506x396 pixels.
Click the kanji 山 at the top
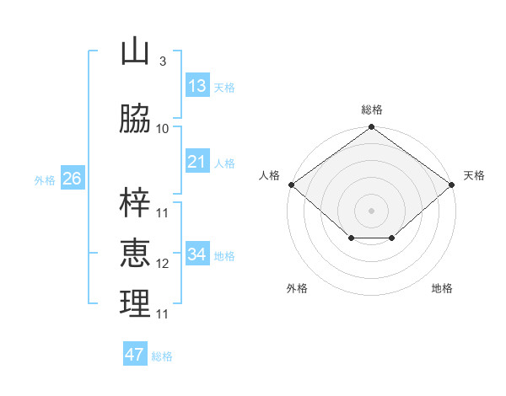pos(135,52)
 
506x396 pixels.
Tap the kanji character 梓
pos(135,203)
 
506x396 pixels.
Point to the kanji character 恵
pos(135,254)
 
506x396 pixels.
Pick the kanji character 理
pos(135,304)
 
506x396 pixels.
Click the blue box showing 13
pos(197,86)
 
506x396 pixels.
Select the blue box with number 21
pos(197,162)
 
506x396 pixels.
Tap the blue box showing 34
pos(197,254)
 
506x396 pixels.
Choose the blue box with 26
pos(72,179)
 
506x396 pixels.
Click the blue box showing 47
pos(135,355)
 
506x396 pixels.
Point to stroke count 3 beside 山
pos(162,62)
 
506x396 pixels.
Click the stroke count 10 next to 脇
pos(163,128)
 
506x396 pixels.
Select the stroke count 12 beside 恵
pos(163,264)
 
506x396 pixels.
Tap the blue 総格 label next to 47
pos(162,356)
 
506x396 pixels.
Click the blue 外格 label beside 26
pos(45,179)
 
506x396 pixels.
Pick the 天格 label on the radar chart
pos(474,175)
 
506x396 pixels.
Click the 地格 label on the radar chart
pos(442,288)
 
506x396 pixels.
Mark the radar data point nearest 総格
pos(371,128)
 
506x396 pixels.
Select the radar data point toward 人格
pos(291,185)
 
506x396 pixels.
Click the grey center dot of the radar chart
pos(371,210)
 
